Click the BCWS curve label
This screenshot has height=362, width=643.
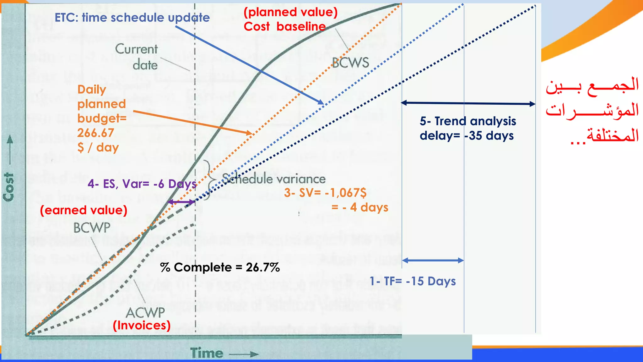(350, 63)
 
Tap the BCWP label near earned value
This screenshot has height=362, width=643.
(92, 228)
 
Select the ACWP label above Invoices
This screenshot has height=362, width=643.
(145, 312)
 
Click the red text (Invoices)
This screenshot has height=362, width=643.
(142, 325)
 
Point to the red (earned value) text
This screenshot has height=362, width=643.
(84, 210)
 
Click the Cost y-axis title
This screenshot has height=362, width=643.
(9, 187)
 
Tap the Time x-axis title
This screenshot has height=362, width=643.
(207, 353)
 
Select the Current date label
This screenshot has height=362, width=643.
(137, 57)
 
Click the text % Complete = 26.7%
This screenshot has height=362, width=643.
(220, 267)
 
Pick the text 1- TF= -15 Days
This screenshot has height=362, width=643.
(413, 281)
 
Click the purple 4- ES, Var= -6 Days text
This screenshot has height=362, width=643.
(142, 184)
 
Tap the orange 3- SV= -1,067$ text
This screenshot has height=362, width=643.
(325, 193)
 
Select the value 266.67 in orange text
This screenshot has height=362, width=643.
(95, 133)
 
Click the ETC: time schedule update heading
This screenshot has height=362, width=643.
(132, 18)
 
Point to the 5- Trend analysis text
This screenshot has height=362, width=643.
(468, 121)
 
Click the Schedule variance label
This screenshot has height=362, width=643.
(274, 179)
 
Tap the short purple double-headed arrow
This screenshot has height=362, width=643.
(181, 202)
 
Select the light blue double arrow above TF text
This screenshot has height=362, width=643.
(433, 260)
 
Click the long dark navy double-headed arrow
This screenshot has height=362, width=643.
(468, 103)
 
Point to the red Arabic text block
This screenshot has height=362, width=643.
(592, 111)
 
